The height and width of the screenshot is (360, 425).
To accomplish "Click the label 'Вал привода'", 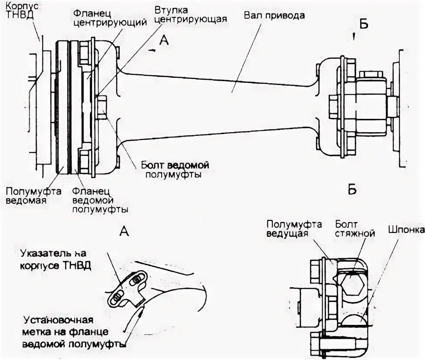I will point(274,15).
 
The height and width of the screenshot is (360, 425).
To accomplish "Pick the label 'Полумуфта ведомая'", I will point(33,196).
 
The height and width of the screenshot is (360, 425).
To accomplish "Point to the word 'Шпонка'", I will point(405,229).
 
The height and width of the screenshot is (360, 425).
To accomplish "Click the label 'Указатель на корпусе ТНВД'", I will point(55,259).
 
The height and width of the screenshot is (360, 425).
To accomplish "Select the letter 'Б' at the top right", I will point(363,24).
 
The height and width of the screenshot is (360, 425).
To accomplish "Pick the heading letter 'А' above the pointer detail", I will point(124,232).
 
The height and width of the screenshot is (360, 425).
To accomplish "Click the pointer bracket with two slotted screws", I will point(126,290).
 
